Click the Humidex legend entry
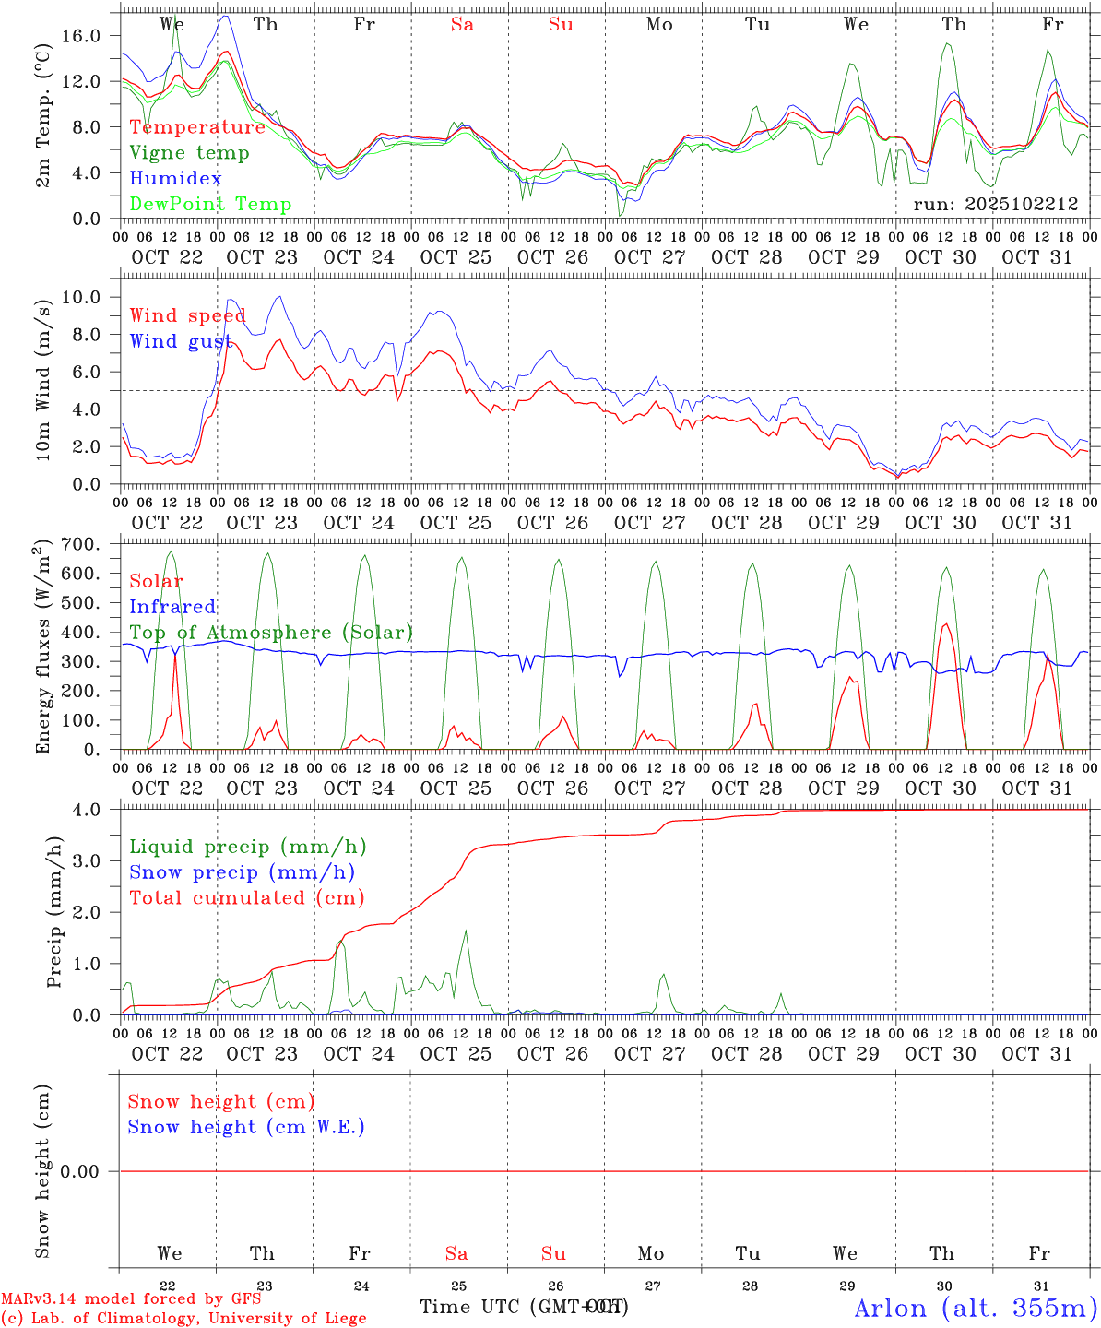pyautogui.click(x=175, y=179)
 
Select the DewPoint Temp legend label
pyautogui.click(x=210, y=205)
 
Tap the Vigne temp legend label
pyautogui.click(x=189, y=153)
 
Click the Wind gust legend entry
pyautogui.click(x=181, y=341)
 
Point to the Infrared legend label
pyautogui.click(x=172, y=607)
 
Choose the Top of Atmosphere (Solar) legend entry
pyautogui.click(x=271, y=633)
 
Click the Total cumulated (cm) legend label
pyautogui.click(x=247, y=898)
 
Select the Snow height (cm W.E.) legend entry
pyautogui.click(x=246, y=1127)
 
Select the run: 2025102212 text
pyautogui.click(x=995, y=204)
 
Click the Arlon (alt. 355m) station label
pyautogui.click(x=976, y=1308)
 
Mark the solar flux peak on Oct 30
pyautogui.click(x=945, y=624)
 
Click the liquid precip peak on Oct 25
pyautogui.click(x=466, y=931)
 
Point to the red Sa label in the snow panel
pyautogui.click(x=456, y=1253)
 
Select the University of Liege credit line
pyautogui.click(x=183, y=1319)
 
